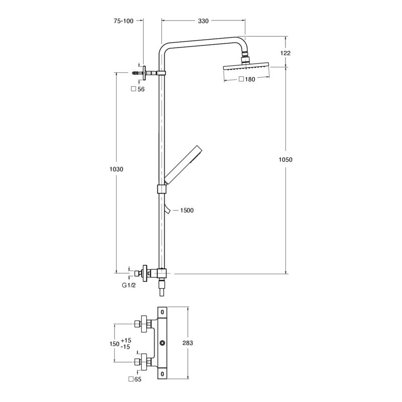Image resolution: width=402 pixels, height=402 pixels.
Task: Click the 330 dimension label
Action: point(203,21)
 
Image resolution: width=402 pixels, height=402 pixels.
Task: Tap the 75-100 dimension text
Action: point(124,21)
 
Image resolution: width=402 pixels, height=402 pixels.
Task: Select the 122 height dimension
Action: point(285,53)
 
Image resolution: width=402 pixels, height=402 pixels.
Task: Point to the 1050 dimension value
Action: point(285,160)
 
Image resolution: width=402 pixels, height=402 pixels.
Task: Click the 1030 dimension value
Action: point(117,169)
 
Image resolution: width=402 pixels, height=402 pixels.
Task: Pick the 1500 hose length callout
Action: point(187,211)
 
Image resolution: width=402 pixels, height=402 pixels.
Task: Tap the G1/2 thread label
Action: point(129,285)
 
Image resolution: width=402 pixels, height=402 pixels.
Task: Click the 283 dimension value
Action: point(187,343)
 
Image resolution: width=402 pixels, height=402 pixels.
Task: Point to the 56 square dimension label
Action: point(138,89)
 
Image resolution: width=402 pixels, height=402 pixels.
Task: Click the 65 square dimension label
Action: point(135,379)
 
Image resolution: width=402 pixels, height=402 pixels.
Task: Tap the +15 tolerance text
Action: point(126,341)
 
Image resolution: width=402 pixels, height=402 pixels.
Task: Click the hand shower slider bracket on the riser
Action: point(161,189)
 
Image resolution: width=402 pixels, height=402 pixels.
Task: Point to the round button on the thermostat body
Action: point(162,343)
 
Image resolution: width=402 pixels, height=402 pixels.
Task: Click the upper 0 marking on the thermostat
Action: point(162,312)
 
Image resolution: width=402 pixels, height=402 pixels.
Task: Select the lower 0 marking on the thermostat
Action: point(162,374)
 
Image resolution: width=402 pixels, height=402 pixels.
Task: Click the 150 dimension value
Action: point(115,344)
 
